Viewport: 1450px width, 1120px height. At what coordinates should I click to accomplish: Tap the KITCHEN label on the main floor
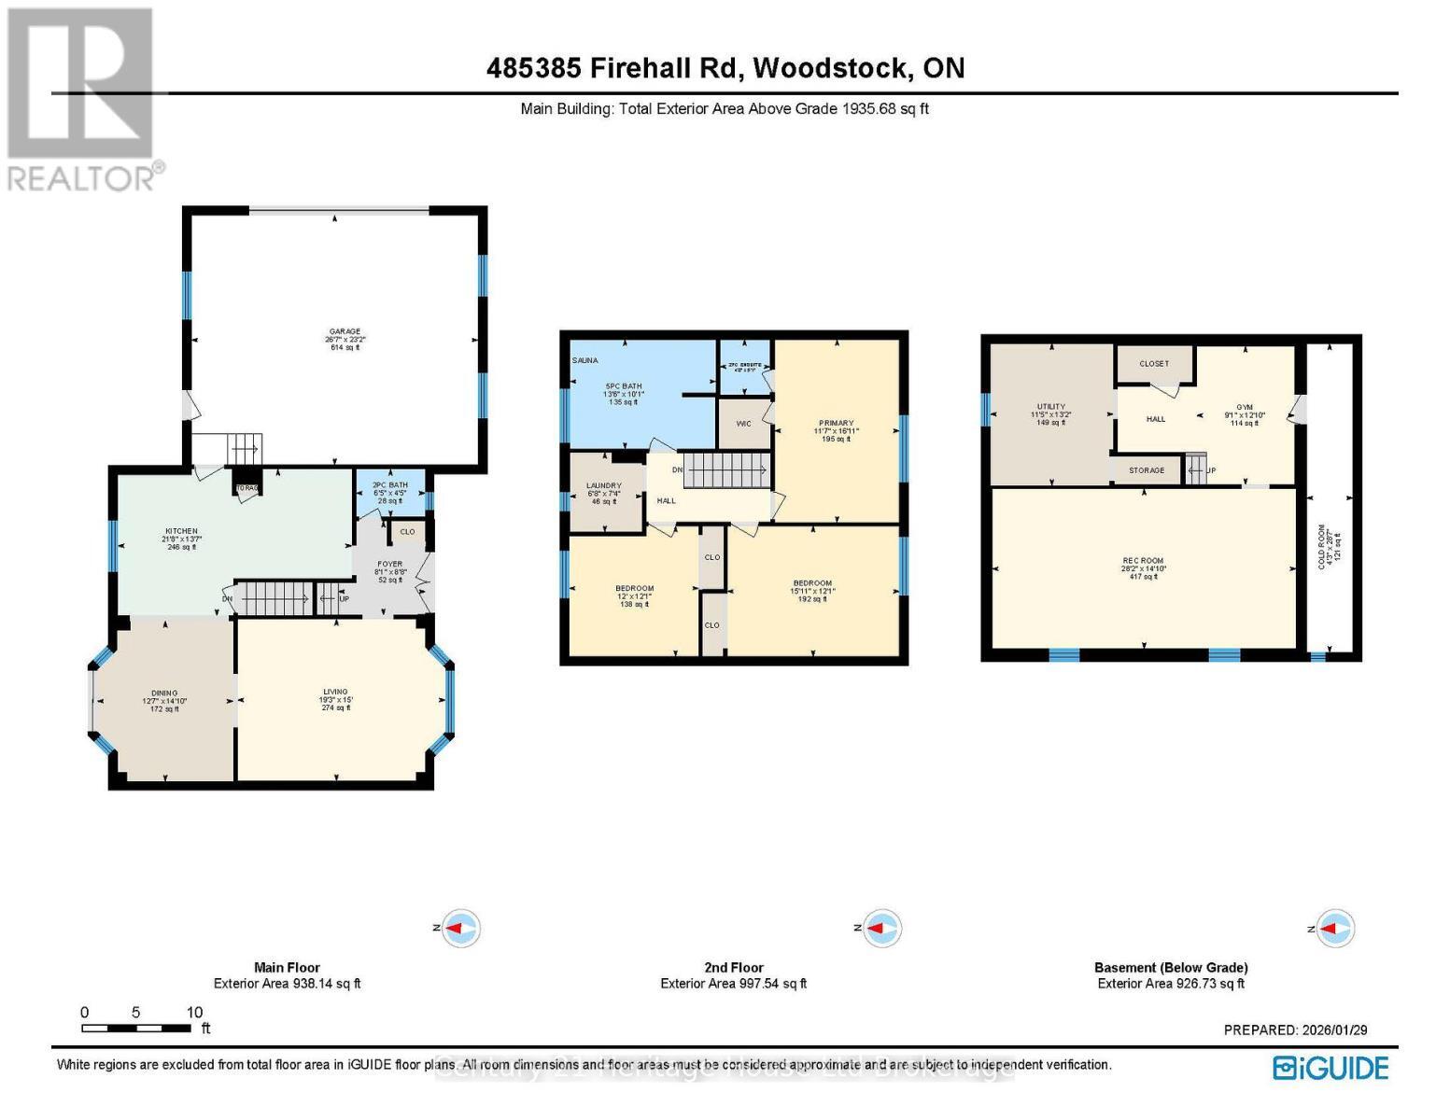182,531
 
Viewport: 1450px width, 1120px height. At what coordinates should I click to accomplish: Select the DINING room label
164,693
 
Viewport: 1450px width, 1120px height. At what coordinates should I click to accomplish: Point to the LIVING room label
335,693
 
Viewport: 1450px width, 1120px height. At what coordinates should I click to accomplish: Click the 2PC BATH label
389,485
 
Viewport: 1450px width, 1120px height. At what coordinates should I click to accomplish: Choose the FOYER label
389,564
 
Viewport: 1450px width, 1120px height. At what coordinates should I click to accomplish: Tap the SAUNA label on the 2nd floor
584,360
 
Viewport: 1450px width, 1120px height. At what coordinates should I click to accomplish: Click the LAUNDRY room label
604,485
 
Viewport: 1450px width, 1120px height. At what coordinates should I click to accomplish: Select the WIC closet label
743,424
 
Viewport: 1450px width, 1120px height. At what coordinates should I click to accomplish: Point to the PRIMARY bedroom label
836,423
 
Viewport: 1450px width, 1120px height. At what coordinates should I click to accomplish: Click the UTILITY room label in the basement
1050,407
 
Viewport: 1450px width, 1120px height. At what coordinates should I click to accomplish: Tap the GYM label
1244,407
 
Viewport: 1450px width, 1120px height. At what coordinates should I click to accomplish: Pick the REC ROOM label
1143,561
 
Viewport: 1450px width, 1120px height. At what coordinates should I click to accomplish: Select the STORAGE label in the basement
1146,470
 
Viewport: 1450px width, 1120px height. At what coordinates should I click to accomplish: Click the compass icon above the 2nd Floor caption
879,928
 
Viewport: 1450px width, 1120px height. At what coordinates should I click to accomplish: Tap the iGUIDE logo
1330,1068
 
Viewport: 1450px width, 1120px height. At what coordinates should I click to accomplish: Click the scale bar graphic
136,1029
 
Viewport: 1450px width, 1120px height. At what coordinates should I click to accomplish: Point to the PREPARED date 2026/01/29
1295,1029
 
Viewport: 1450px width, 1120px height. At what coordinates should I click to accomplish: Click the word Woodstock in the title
829,68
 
